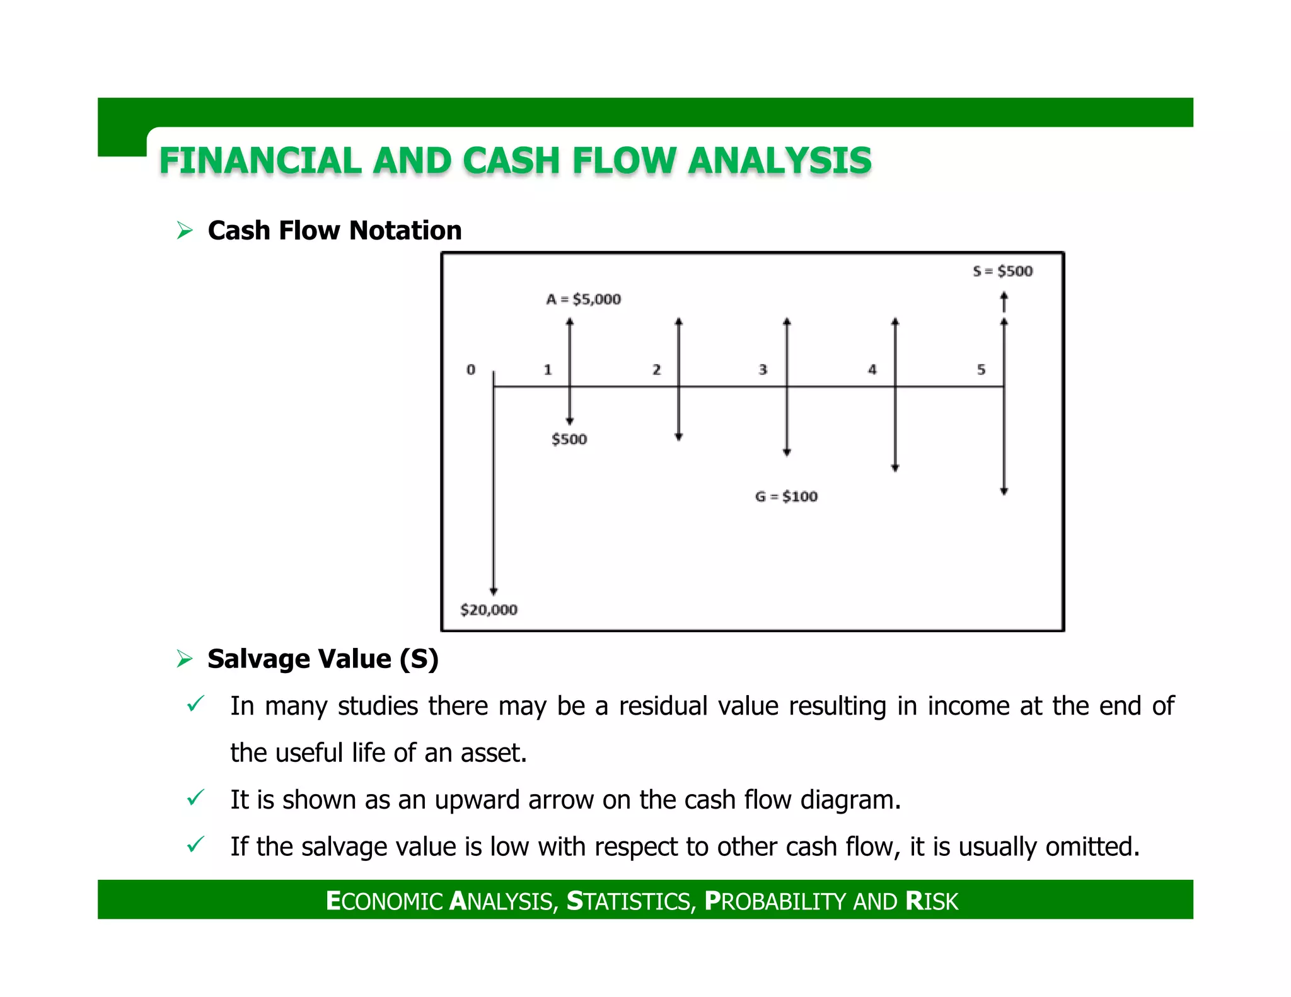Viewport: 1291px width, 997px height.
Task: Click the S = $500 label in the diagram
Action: (1002, 272)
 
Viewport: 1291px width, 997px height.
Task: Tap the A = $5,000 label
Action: (583, 299)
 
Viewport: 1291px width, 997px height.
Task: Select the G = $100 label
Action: (786, 497)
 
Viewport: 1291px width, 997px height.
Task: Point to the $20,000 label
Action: (489, 610)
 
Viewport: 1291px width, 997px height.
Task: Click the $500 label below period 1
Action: (569, 439)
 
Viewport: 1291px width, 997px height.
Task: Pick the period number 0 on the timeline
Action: (471, 370)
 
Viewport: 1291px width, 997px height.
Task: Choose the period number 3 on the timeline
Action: (763, 370)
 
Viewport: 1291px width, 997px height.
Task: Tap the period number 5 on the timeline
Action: (981, 370)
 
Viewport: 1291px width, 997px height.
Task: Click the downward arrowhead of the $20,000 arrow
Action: (494, 591)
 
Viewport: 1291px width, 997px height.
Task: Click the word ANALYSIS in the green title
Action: (780, 161)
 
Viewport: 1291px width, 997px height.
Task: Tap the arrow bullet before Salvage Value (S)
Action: (185, 659)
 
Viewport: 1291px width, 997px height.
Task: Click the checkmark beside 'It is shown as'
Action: (195, 798)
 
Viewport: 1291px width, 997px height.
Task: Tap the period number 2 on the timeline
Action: (656, 370)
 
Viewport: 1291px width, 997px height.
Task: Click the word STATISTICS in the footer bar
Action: (630, 901)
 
